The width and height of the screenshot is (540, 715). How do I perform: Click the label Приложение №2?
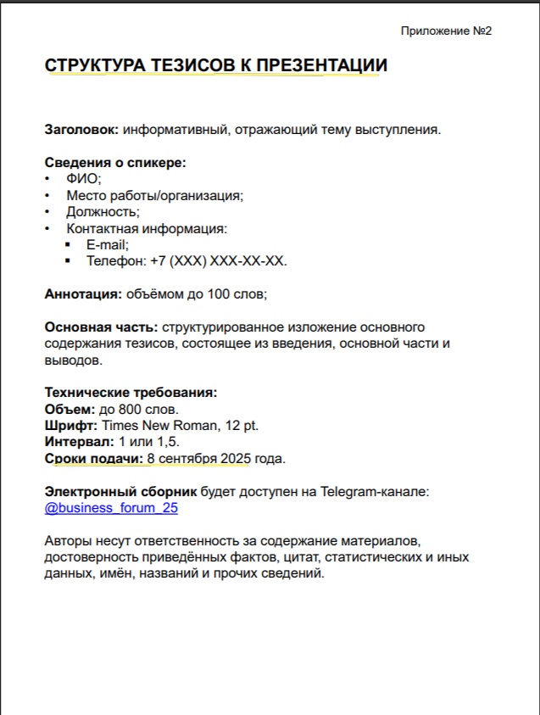pos(446,31)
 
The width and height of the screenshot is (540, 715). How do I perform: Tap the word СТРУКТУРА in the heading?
pos(95,65)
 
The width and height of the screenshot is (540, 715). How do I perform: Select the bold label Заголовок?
pos(81,130)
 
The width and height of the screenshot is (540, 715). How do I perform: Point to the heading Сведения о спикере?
pos(115,163)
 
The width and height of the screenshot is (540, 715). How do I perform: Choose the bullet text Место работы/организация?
pos(155,195)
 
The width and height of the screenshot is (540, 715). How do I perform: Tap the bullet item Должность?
pos(103,212)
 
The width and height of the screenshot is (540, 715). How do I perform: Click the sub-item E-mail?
pos(108,244)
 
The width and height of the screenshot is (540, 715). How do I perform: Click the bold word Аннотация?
pos(83,294)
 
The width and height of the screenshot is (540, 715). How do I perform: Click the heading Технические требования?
pos(131,394)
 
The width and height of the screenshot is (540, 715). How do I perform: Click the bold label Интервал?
pos(79,443)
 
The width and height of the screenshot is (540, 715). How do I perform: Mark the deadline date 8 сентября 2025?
pos(198,459)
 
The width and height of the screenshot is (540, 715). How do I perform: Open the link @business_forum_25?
pos(111,508)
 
